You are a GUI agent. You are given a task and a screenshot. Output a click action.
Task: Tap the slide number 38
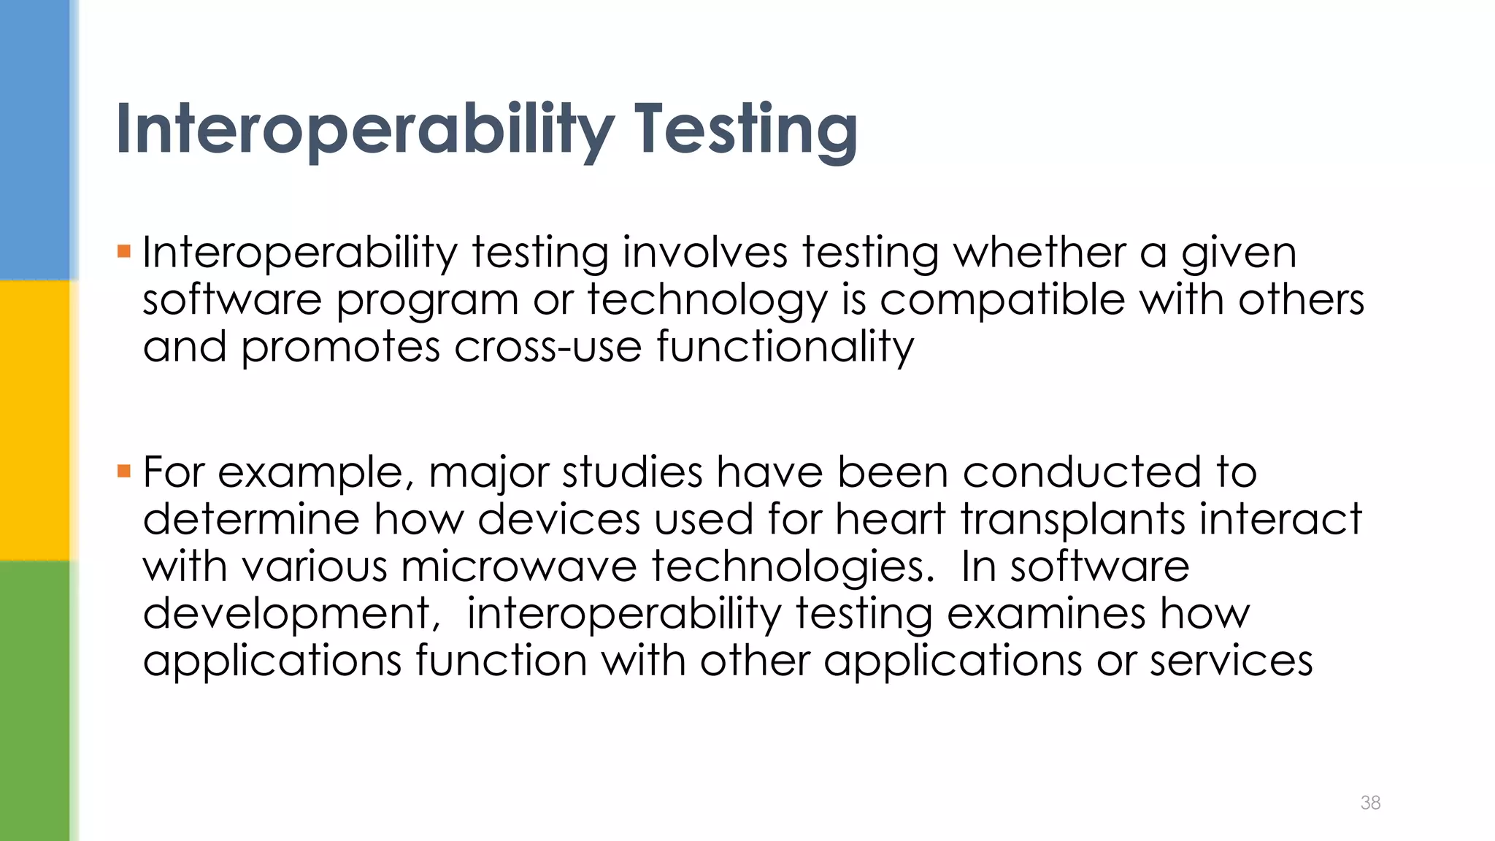1370,802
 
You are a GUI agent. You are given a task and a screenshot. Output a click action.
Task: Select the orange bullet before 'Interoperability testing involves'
123,253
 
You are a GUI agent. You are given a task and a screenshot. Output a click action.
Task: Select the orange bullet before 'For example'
123,472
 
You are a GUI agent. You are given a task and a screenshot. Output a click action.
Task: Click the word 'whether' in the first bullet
1039,253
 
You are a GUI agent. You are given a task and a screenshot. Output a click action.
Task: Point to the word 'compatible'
1002,300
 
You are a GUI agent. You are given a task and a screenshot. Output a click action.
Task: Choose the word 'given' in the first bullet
1239,254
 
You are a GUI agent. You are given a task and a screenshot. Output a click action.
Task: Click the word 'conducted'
1081,472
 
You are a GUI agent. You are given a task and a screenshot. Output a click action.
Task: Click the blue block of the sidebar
35,139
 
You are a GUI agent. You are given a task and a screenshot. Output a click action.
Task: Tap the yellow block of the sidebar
35,420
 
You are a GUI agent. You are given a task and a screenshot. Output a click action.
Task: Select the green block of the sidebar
35,701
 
